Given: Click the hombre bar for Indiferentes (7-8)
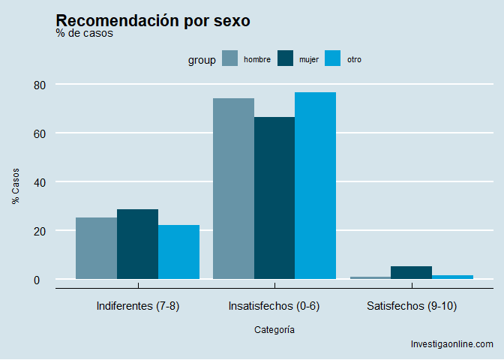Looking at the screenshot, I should (x=96, y=248).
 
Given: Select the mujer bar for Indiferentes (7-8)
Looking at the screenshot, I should (x=137, y=244).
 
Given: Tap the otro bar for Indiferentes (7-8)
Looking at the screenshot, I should (x=178, y=252).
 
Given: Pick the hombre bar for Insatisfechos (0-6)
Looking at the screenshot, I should (x=233, y=188).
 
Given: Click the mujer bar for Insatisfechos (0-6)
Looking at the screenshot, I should (x=274, y=198).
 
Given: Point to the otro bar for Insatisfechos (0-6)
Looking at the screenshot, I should (x=315, y=185).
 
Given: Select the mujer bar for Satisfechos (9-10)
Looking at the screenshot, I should (x=411, y=272).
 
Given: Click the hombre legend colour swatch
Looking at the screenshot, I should (x=230, y=59).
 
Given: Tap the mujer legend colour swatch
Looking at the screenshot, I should (x=286, y=59).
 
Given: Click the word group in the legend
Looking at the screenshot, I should (x=202, y=60).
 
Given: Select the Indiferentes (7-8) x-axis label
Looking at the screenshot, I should (x=138, y=306).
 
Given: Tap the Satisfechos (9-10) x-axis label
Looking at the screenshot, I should (x=412, y=306).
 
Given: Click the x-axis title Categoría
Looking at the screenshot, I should (x=274, y=329).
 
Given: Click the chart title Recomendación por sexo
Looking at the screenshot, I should (x=153, y=21).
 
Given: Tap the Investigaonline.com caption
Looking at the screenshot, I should (x=452, y=344).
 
